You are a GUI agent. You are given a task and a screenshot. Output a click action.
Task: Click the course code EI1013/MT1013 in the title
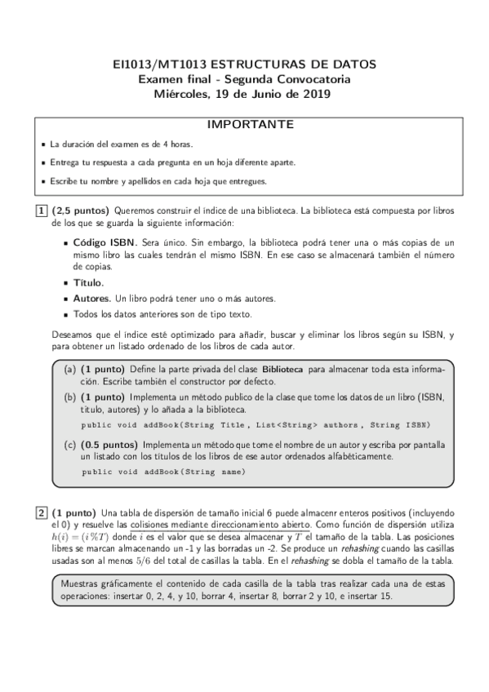(158, 64)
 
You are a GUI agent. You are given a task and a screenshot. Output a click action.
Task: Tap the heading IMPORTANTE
(244, 125)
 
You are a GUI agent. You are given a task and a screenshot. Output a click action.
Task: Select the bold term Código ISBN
(105, 243)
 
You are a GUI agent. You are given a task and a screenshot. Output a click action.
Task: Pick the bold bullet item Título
(88, 282)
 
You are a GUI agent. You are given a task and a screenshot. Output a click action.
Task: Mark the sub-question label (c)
(70, 445)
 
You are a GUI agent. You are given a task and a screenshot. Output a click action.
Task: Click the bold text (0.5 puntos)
(109, 445)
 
